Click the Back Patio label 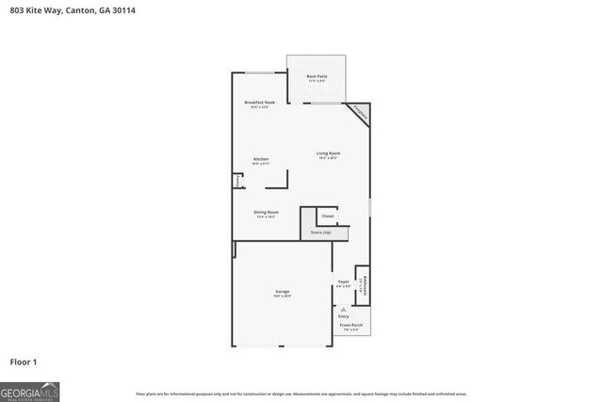(316, 76)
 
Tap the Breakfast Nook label (259, 102)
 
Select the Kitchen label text (261, 159)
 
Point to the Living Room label (328, 153)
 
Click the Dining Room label (266, 212)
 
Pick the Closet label (328, 216)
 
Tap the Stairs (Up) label (320, 232)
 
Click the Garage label (282, 292)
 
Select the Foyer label (343, 281)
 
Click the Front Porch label (351, 325)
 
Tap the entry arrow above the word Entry (343, 307)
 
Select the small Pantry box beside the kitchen (237, 180)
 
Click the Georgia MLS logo (30, 391)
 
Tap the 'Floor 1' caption (24, 361)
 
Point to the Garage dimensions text (282, 297)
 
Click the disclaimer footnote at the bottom (301, 394)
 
